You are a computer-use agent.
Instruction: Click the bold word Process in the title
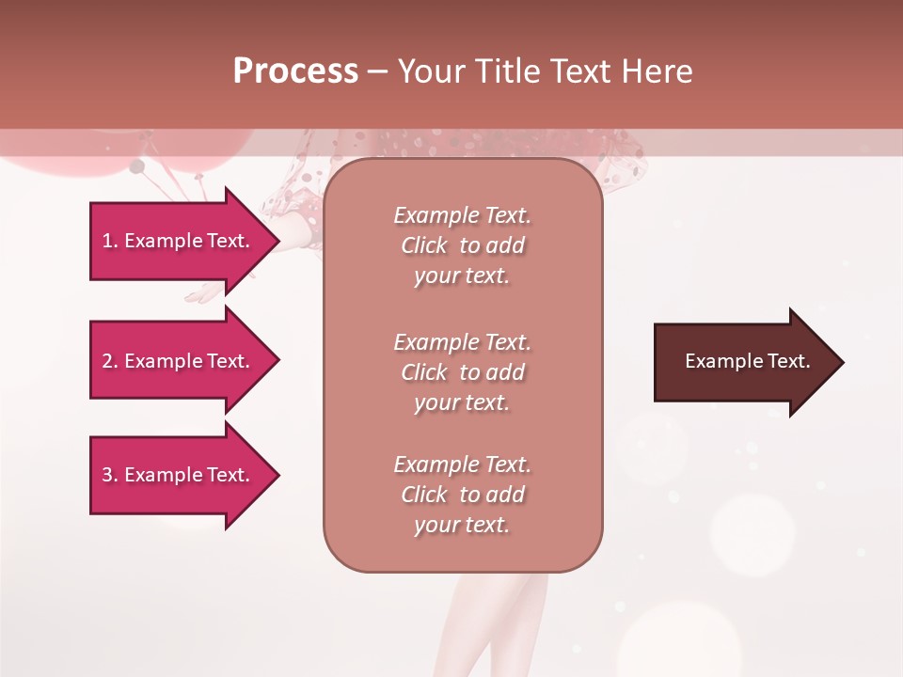pos(295,71)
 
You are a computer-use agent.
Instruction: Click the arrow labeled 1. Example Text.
pos(179,241)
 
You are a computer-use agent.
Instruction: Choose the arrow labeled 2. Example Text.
pos(179,361)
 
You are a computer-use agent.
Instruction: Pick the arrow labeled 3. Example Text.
pos(179,475)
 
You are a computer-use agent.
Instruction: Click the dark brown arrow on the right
pos(743,362)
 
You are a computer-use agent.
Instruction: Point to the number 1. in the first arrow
pos(110,241)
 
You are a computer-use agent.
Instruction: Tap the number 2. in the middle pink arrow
pos(110,361)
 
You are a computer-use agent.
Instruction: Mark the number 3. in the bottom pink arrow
pos(110,475)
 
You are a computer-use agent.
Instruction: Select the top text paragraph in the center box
pos(462,245)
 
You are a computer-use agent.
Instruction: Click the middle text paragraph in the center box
pos(462,372)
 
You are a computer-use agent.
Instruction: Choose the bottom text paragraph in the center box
pos(462,495)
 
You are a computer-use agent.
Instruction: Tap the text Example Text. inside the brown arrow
pos(747,361)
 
